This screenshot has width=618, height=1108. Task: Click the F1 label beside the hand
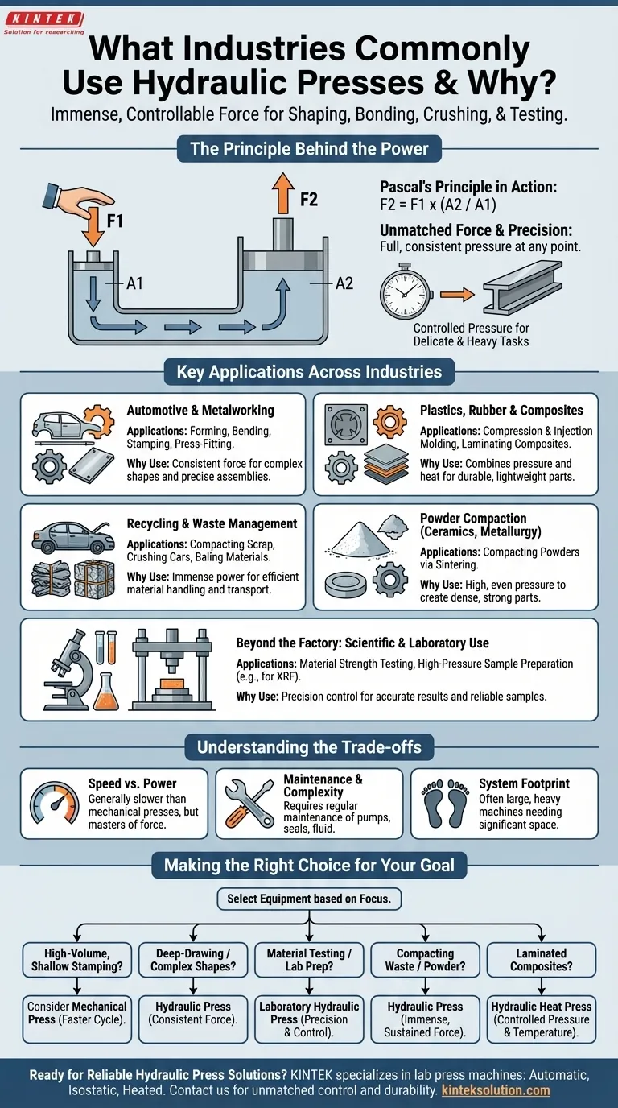[114, 220]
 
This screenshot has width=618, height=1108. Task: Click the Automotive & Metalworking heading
[200, 410]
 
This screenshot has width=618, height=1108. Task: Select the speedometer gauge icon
[54, 803]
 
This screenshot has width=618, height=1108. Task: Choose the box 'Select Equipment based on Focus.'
[309, 899]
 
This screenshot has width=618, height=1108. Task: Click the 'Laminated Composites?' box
[542, 960]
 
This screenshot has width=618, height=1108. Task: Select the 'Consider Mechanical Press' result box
[77, 1013]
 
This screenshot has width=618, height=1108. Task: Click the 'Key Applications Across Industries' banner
[309, 372]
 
